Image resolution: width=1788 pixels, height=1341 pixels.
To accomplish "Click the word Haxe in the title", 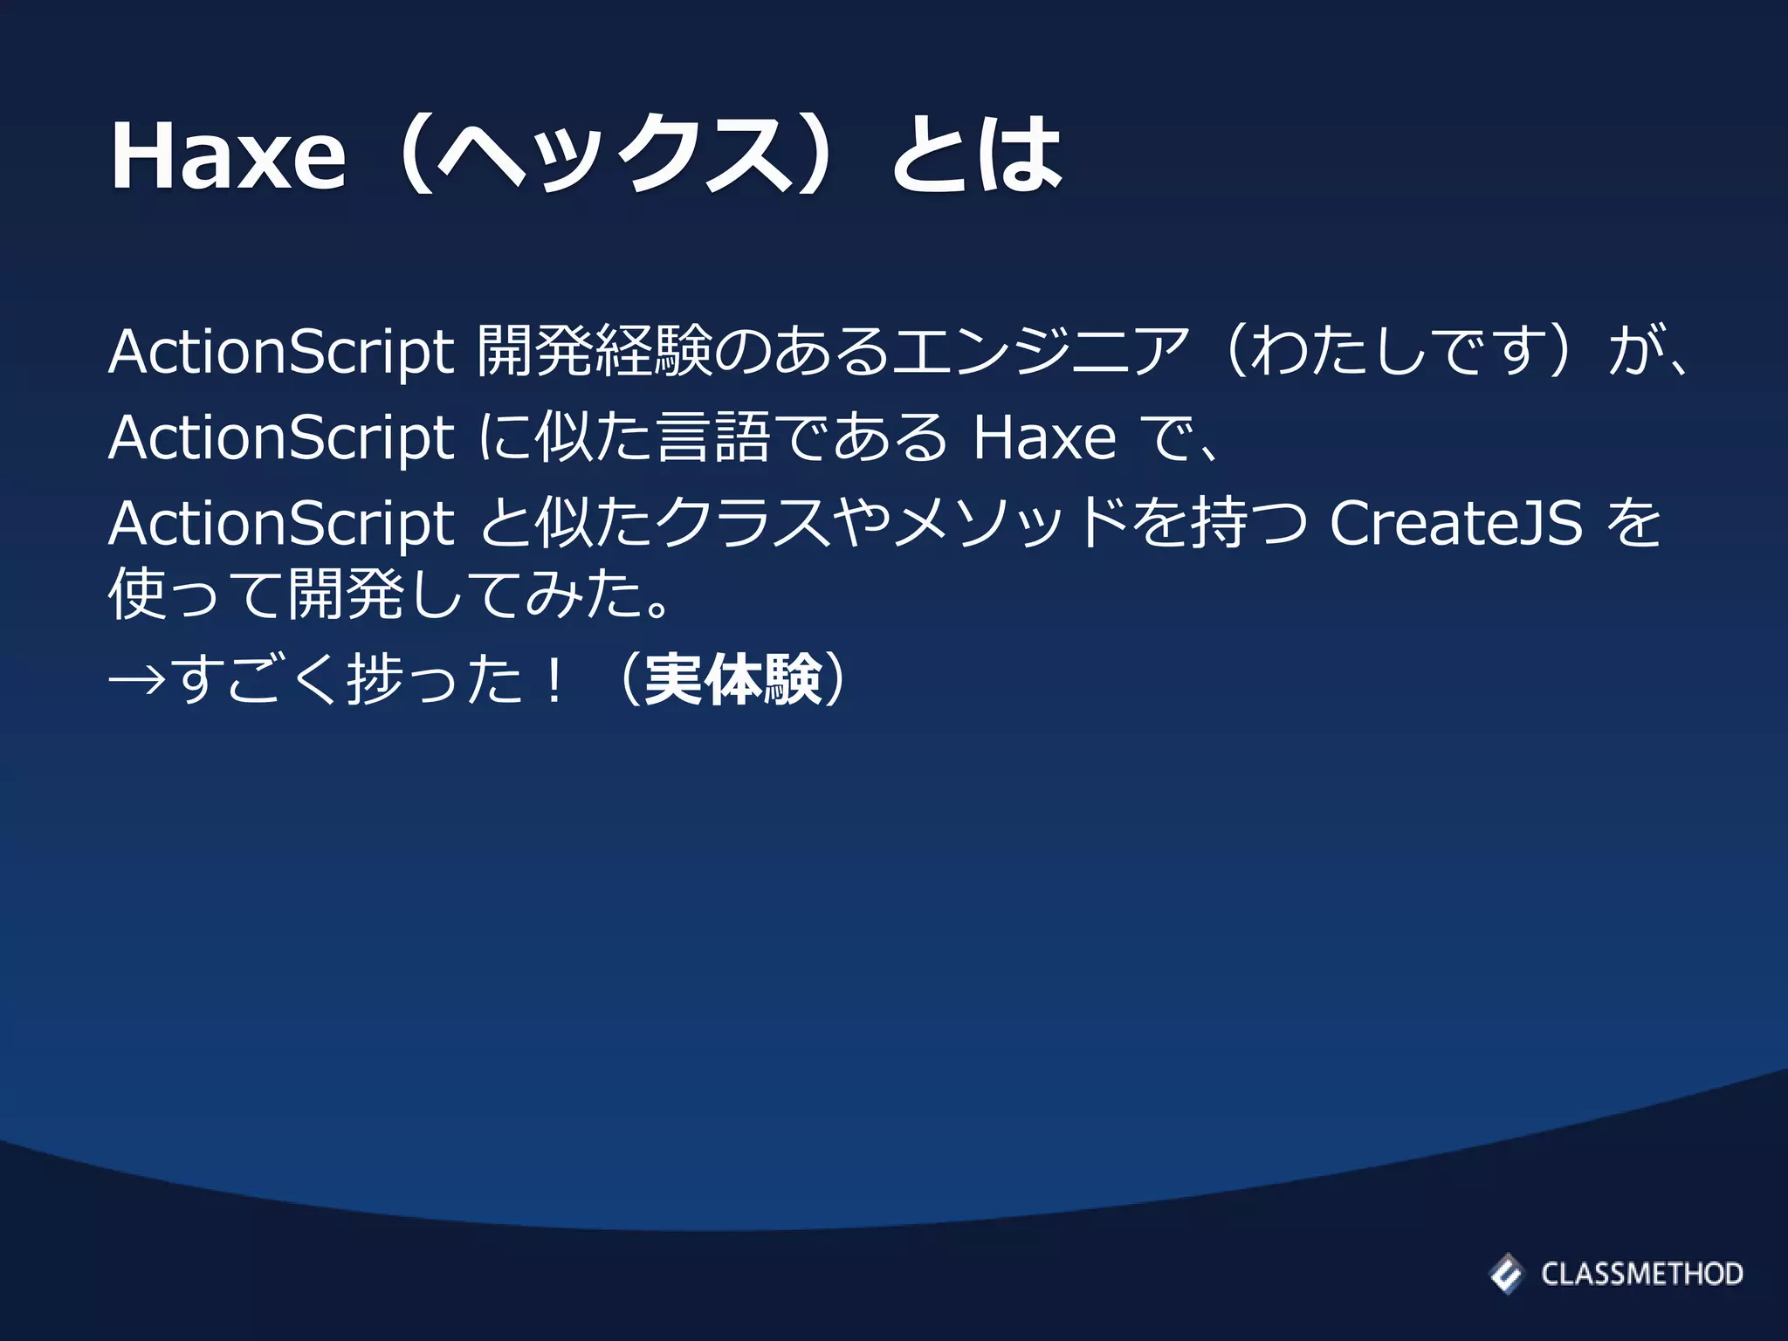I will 228,157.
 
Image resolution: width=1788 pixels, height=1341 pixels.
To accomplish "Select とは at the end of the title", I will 976,157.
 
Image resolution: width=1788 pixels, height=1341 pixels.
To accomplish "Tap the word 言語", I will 713,437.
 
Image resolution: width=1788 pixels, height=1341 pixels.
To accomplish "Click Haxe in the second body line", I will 1044,437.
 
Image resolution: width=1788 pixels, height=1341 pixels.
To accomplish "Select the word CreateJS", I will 1455,524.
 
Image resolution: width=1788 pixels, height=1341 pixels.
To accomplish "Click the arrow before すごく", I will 137,680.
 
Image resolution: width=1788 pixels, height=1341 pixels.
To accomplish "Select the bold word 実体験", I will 733,679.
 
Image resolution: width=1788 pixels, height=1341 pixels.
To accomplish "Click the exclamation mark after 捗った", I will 553,679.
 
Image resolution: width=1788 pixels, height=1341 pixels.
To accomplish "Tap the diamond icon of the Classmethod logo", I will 1506,1273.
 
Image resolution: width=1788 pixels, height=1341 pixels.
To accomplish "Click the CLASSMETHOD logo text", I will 1641,1274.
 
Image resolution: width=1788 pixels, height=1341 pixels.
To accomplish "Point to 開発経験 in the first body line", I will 595,352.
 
